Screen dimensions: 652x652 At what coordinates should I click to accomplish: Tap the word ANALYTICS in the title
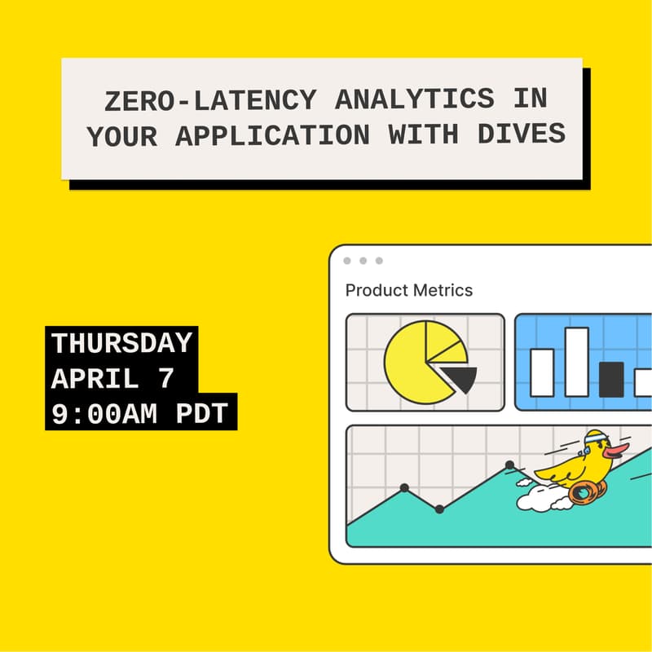coord(403,99)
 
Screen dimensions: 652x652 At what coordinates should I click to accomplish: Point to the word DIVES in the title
coord(524,135)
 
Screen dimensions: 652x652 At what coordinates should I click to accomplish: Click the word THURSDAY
coord(122,343)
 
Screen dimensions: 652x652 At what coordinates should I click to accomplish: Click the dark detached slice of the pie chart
coord(460,377)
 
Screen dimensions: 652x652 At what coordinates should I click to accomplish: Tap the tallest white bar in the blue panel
coord(576,362)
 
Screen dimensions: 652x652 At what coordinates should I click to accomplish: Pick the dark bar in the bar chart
coord(610,379)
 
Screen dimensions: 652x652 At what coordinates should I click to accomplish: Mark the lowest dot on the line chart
coord(439,509)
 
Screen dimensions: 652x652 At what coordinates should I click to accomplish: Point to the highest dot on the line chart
coord(509,465)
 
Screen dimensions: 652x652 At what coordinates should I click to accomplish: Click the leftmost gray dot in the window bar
coord(347,261)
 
